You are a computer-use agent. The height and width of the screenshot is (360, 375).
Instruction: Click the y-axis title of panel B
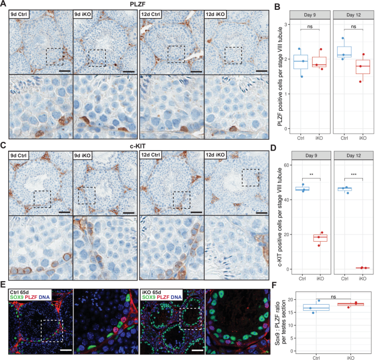(281, 77)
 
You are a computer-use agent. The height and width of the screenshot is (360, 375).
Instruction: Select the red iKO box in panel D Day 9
(320, 238)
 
